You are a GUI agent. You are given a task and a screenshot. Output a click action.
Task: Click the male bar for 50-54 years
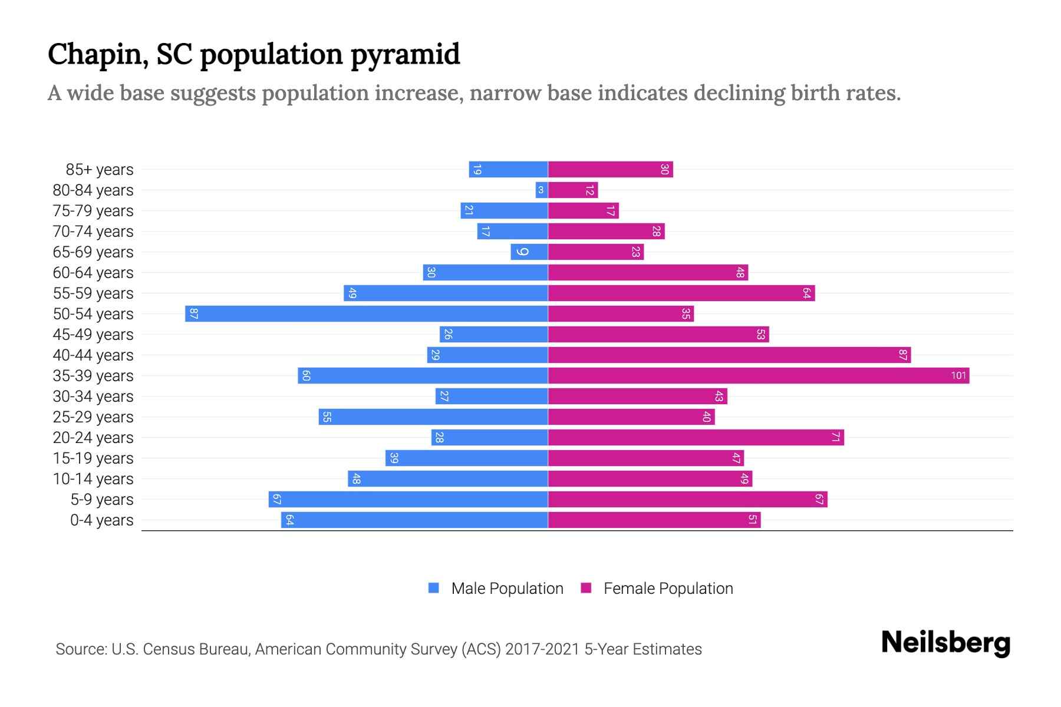click(367, 313)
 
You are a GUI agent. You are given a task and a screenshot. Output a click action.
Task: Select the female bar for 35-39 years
click(759, 375)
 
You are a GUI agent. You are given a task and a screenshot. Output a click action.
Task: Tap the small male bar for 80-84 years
click(542, 190)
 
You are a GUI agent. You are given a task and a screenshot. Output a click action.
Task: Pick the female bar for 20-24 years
click(696, 437)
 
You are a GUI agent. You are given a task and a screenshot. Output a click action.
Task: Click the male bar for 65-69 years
click(529, 252)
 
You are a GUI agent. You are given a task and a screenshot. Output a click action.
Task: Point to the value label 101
click(958, 375)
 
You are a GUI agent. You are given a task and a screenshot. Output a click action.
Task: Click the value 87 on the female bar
click(902, 355)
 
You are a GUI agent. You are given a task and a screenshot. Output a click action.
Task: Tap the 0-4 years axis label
click(101, 520)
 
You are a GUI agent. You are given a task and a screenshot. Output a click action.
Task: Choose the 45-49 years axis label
click(93, 335)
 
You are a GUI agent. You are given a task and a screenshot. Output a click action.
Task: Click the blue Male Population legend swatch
click(434, 588)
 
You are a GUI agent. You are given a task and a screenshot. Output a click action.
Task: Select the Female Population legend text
click(668, 588)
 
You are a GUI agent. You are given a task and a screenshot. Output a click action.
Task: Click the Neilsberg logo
click(945, 643)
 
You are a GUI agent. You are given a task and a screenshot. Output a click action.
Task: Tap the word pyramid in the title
click(405, 55)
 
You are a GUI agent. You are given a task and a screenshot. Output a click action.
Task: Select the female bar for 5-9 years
click(687, 499)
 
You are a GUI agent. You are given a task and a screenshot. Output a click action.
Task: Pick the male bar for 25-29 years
click(433, 417)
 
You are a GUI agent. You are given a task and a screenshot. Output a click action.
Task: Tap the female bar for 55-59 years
click(681, 293)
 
